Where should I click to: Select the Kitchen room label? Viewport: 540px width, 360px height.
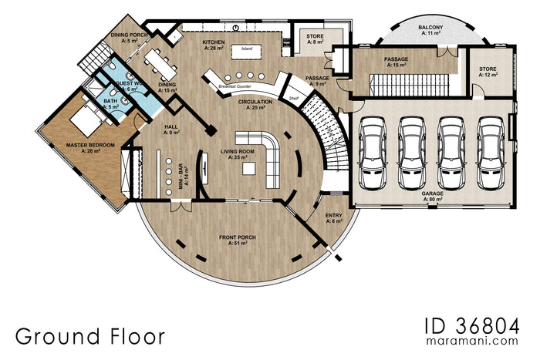click(x=213, y=44)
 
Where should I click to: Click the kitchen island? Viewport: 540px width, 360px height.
click(x=247, y=49)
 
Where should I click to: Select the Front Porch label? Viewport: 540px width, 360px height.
click(x=238, y=240)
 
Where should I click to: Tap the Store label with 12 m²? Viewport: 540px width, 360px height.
click(x=488, y=72)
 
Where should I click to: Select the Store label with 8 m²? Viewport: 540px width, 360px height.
click(x=315, y=39)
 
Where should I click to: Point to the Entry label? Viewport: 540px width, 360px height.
click(x=334, y=218)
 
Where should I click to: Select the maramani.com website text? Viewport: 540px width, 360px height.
click(x=472, y=340)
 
